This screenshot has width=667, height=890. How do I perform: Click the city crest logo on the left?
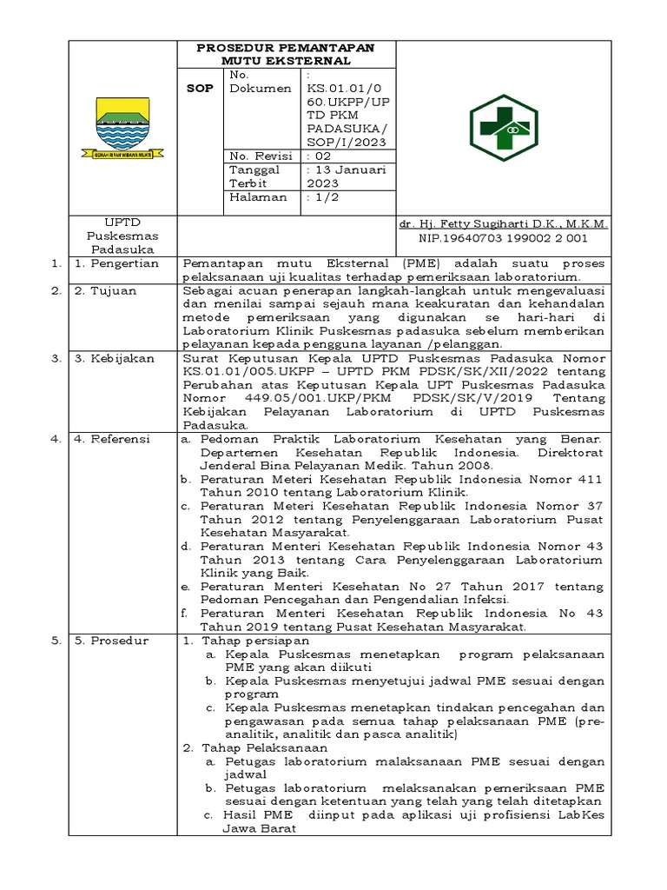pyautogui.click(x=122, y=127)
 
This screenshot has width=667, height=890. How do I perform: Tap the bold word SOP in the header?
pyautogui.click(x=200, y=89)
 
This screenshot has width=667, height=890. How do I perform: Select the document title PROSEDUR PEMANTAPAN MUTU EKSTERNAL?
pyautogui.click(x=286, y=54)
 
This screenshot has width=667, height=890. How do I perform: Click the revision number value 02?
pyautogui.click(x=322, y=156)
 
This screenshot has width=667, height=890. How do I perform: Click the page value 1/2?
pyautogui.click(x=325, y=197)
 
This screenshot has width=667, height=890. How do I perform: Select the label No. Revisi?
pyautogui.click(x=258, y=156)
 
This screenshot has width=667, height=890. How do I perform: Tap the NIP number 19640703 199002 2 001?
pyautogui.click(x=503, y=236)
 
